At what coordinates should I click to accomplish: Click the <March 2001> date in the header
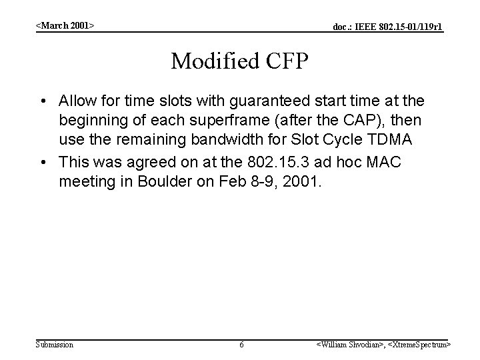click(x=65, y=25)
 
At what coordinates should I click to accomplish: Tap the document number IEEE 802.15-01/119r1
click(x=388, y=27)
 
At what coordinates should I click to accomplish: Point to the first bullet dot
click(x=43, y=101)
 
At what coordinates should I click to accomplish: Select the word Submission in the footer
click(x=55, y=345)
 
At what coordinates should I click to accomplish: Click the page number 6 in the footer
click(x=241, y=345)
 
